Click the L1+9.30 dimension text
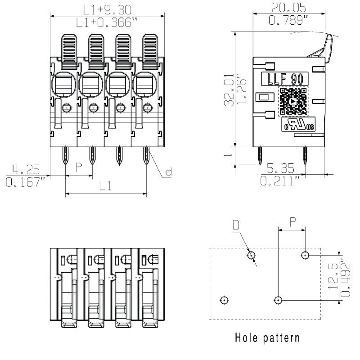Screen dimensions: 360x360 pos(106,9)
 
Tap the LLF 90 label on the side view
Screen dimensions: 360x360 pos(285,79)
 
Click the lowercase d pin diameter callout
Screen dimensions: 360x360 pos(168,172)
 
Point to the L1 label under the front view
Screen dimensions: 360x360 pos(106,186)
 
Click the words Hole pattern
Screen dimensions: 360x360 pos(267,337)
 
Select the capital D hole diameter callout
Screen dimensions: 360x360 pos(236,224)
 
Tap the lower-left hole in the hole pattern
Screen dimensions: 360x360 pos(224,300)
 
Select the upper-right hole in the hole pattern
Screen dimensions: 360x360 pos(305,255)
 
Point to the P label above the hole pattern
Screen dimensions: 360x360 pos(292,221)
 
